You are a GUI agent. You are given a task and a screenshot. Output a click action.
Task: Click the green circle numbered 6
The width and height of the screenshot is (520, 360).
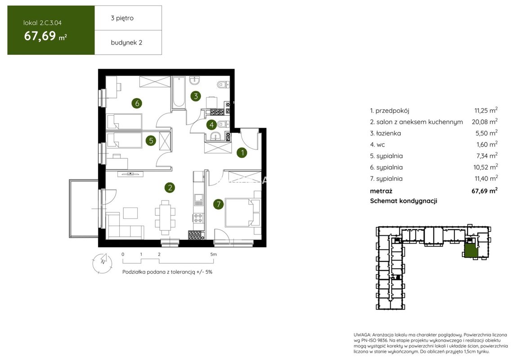pyautogui.click(x=137, y=103)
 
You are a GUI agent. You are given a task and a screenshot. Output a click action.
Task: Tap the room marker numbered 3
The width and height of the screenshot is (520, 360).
pyautogui.click(x=196, y=96)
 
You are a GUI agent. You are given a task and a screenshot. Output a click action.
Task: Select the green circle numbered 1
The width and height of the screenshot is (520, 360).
pyautogui.click(x=242, y=153)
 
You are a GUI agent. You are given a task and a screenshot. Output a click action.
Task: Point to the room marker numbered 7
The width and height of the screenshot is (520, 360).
pyautogui.click(x=218, y=204)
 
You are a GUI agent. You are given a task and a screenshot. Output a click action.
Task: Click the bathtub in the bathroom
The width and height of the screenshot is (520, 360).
pyautogui.click(x=178, y=93)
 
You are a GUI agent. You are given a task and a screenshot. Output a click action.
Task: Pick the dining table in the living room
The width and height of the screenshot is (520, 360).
pyautogui.click(x=165, y=216)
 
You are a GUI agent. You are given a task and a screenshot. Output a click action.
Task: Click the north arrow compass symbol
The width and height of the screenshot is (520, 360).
pyautogui.click(x=102, y=263)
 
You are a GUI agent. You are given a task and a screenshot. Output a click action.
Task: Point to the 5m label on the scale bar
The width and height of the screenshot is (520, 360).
pyautogui.click(x=214, y=255)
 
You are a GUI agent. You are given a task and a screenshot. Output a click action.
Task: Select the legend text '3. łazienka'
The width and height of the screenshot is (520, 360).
pyautogui.click(x=386, y=133)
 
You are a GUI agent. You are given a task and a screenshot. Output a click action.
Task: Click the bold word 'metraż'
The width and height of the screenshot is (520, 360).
pyautogui.click(x=381, y=191)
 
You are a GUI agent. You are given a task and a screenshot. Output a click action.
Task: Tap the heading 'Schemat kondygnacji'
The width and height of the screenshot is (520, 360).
pyautogui.click(x=403, y=201)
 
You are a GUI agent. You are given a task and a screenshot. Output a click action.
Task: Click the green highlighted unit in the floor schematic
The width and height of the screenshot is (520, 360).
pyautogui.click(x=470, y=251)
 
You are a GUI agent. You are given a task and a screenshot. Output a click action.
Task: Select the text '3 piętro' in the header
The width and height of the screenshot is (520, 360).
pyautogui.click(x=122, y=18)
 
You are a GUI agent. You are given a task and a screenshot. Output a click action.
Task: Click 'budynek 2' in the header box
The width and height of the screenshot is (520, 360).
pyautogui.click(x=126, y=42)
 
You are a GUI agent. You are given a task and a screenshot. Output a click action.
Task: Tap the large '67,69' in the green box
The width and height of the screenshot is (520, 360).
pyautogui.click(x=40, y=36)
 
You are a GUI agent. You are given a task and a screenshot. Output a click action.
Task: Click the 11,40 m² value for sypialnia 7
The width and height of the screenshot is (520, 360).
pyautogui.click(x=486, y=178)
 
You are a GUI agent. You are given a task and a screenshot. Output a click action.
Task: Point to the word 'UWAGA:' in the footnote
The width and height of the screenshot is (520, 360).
pyautogui.click(x=362, y=335)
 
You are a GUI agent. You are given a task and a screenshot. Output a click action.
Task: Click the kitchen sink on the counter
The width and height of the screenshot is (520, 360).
pyautogui.click(x=198, y=198)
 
